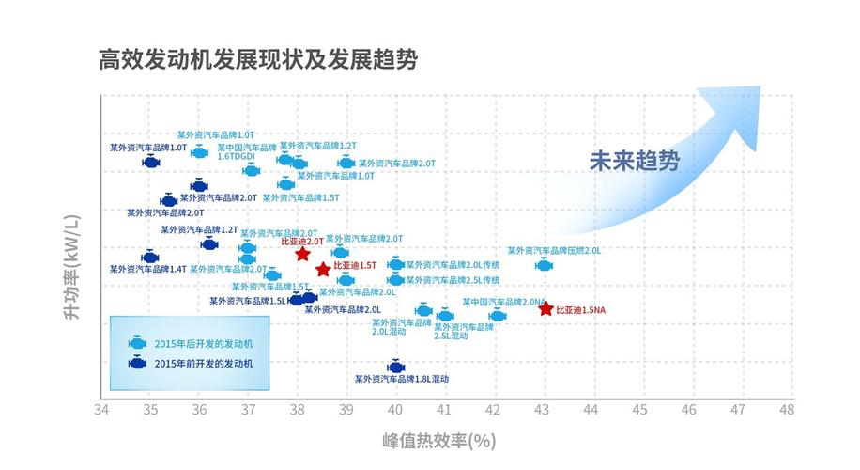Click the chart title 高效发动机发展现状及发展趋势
[258, 59]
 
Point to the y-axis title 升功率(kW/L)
[71, 268]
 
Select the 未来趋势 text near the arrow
[634, 160]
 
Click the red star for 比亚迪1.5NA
[545, 308]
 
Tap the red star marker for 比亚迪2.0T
[302, 254]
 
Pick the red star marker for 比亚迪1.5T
[323, 270]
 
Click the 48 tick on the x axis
[786, 410]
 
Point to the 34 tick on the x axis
[101, 410]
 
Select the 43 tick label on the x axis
[542, 410]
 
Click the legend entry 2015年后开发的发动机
[203, 343]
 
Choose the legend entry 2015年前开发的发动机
[203, 363]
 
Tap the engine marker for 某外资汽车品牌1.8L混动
[395, 367]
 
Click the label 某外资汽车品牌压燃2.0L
[554, 251]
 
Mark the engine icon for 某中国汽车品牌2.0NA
[498, 316]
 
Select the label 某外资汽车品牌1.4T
[148, 269]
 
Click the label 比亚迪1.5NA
[581, 309]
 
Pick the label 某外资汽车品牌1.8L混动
[402, 379]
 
